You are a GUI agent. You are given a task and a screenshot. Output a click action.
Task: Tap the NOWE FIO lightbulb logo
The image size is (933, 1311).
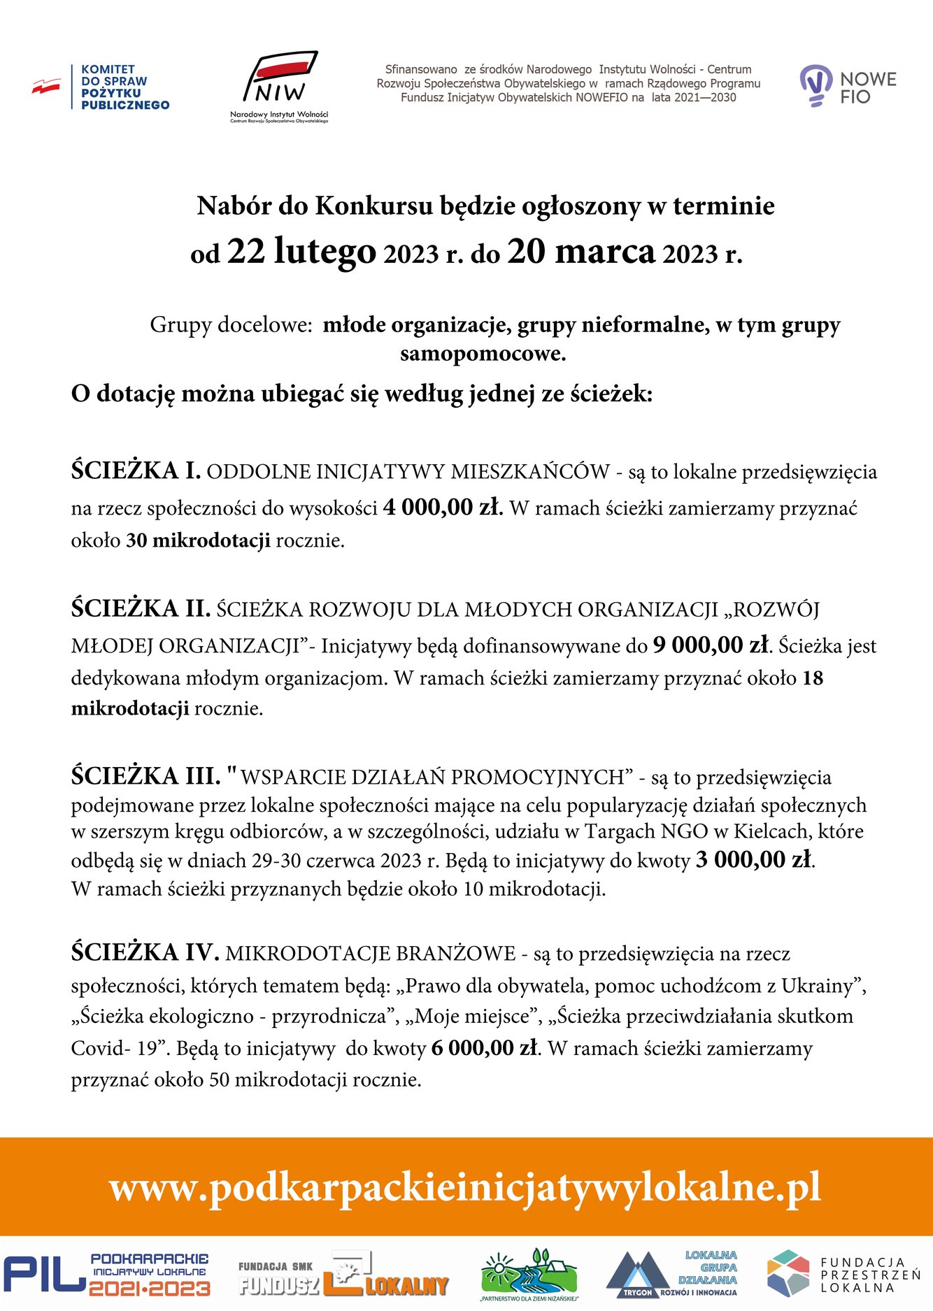point(848,86)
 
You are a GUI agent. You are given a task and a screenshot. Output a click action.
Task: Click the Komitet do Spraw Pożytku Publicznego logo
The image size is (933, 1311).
point(101,87)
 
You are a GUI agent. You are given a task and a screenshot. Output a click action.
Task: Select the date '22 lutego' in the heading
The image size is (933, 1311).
point(301,252)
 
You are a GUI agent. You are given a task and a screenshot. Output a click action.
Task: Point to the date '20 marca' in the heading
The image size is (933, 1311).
point(581,252)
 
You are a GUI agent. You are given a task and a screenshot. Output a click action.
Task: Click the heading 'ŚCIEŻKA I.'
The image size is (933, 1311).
point(136,471)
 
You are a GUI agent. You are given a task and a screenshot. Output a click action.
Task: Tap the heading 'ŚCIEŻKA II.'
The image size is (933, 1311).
point(141,608)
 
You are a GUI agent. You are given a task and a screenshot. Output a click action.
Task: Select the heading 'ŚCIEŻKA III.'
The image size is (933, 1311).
point(145,776)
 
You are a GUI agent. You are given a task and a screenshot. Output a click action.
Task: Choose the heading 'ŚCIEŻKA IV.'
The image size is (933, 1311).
point(145,952)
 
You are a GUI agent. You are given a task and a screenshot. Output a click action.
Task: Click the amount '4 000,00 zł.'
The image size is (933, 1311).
point(443,508)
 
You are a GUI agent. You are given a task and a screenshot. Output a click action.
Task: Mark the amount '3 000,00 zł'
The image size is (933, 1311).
point(754,859)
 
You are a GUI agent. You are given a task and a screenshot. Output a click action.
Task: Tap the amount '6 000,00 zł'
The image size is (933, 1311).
point(485,1047)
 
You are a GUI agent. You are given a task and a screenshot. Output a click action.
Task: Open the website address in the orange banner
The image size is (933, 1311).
point(465,1187)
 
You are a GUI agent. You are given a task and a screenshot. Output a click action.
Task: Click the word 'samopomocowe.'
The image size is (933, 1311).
point(483,354)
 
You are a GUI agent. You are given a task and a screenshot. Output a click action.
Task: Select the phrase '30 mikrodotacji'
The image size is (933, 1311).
point(198,540)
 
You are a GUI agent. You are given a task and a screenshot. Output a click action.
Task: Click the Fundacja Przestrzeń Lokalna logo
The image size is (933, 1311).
point(843,1274)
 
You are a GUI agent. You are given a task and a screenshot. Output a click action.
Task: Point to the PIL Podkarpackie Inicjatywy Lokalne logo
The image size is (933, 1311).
point(106,1274)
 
